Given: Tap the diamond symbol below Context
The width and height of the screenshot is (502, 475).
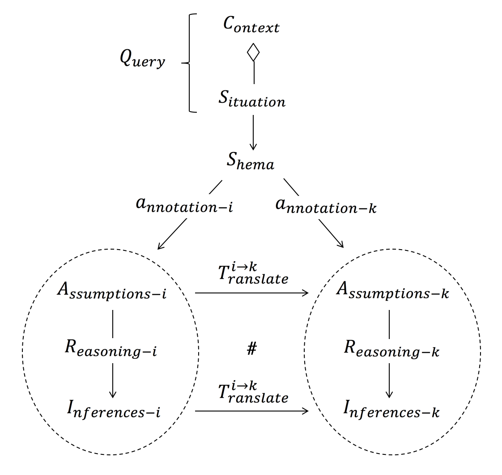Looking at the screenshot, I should (253, 52).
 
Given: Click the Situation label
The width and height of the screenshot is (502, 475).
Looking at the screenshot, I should (251, 99).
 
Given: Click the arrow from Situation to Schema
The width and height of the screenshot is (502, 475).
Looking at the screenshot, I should (253, 132).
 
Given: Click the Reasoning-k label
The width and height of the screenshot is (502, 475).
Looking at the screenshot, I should (391, 349).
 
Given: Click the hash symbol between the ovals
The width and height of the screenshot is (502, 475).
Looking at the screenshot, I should (251, 349).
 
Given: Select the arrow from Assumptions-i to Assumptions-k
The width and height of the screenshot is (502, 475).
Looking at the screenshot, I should (251, 293).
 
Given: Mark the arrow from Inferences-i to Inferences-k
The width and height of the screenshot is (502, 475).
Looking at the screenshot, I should (251, 410).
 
